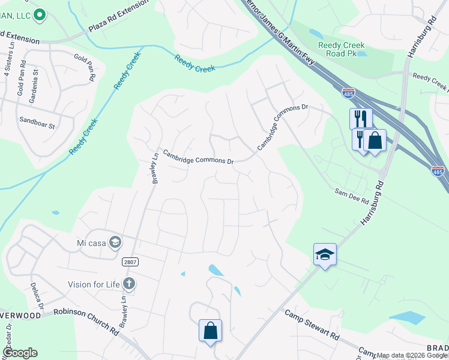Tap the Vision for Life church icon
click(x=128, y=283)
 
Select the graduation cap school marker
click(x=325, y=254)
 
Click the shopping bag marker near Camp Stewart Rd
click(x=211, y=330)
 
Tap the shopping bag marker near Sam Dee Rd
click(x=375, y=141)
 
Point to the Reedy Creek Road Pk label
click(x=342, y=49)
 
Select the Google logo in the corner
click(x=19, y=353)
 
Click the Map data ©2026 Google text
click(x=411, y=355)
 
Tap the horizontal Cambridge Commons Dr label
click(x=198, y=157)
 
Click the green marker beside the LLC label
click(x=40, y=15)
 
